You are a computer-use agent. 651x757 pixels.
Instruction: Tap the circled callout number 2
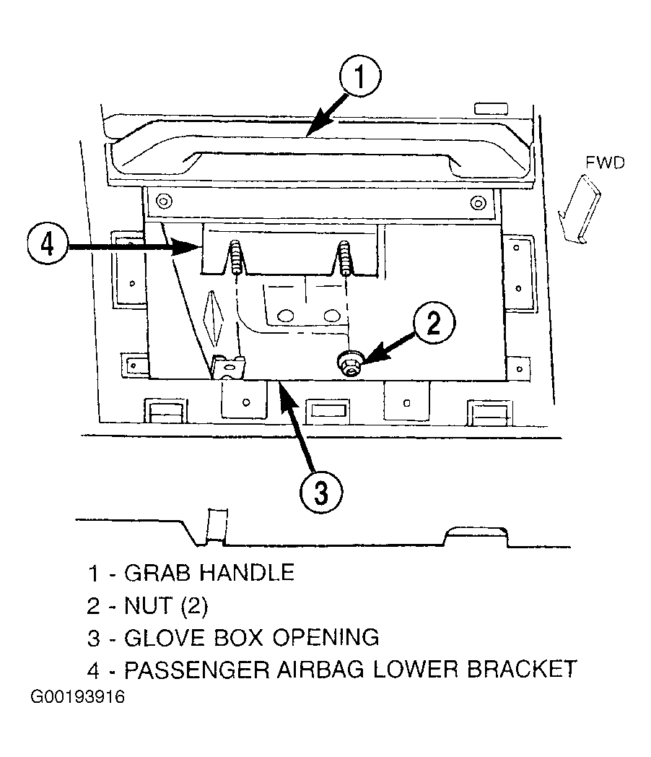pos(434,322)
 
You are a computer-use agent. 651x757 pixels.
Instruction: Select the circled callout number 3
pos(320,492)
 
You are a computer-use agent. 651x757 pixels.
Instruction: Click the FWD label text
pos(605,163)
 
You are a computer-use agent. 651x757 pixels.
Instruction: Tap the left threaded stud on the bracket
pos(236,256)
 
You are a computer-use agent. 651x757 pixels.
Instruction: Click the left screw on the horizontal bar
pos(165,200)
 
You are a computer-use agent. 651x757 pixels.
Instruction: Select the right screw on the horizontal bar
pos(477,203)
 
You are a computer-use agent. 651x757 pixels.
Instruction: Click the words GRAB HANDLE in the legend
pos(209,573)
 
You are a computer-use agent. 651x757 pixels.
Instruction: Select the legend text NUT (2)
pos(166,606)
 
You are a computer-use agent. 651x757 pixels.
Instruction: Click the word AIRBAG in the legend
pos(320,670)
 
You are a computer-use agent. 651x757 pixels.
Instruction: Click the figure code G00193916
pos(78,697)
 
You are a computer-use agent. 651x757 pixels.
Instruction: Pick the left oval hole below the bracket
pos(286,316)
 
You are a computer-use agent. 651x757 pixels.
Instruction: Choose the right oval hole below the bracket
pos(332,316)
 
